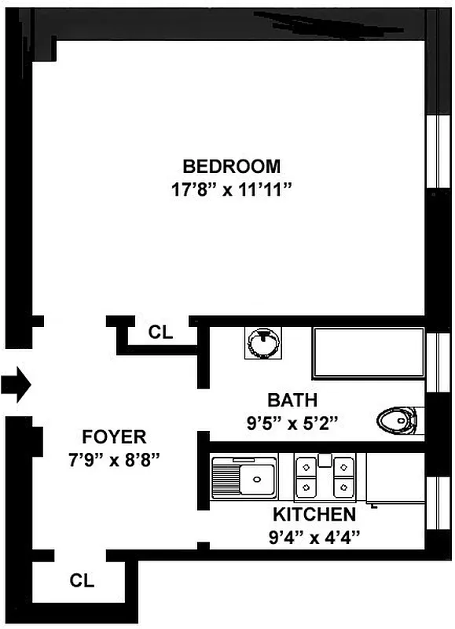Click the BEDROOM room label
coord(231,167)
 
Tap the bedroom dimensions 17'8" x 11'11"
coord(231,189)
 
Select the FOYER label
coord(115,438)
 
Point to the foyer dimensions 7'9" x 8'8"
coord(115,459)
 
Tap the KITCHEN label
coord(314,516)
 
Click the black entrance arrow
coord(16,386)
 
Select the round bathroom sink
coord(262,344)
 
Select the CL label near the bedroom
coord(160,333)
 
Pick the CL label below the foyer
coord(82,582)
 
